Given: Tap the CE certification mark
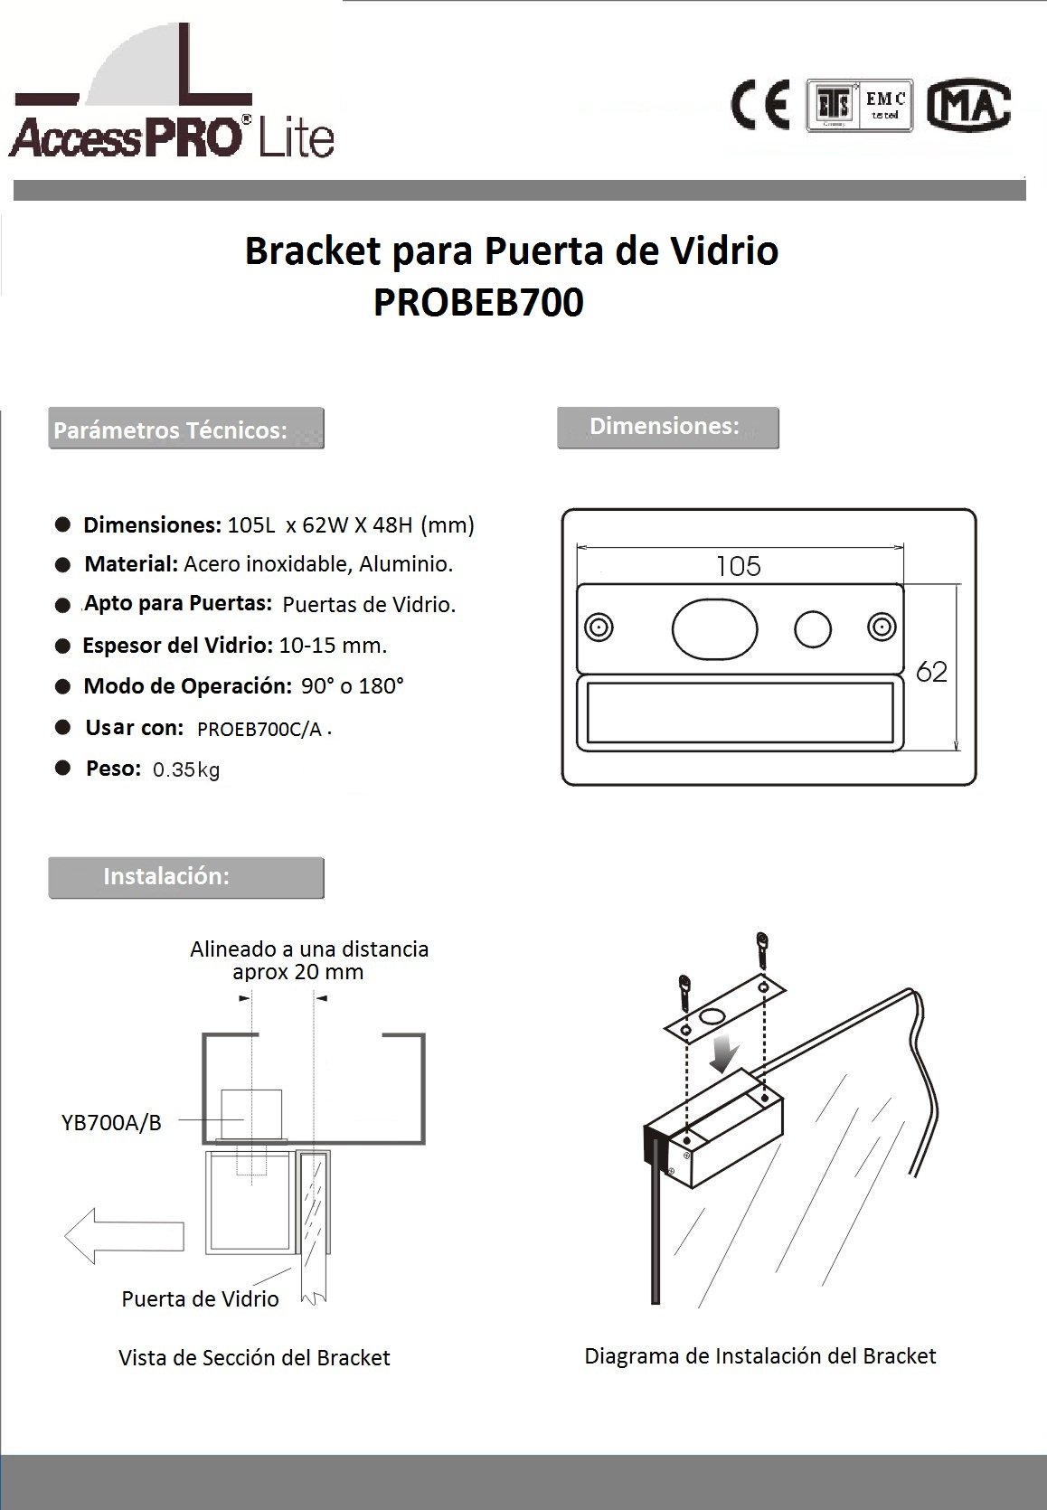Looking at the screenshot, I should tap(759, 105).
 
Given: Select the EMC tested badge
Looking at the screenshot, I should tap(860, 106).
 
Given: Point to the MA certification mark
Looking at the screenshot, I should tap(970, 106).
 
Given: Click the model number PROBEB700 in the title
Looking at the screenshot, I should tap(478, 303).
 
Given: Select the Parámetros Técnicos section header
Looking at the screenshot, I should tap(186, 429).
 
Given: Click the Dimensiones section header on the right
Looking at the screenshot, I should tap(667, 427).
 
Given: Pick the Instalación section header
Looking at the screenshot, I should tap(186, 877).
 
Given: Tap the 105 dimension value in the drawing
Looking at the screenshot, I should tap(739, 567).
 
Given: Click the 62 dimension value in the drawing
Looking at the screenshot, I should tap(931, 672).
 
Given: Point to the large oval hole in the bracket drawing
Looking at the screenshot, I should tap(714, 628).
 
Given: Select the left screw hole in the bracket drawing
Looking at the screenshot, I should tap(599, 628).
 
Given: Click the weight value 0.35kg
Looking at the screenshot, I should tap(186, 770).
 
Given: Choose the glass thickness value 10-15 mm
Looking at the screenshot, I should tap(334, 646).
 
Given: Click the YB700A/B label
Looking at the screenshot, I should tap(111, 1123).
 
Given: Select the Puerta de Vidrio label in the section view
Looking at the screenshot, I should tap(200, 1299).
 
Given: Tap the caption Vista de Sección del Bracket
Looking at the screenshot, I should tap(254, 1358).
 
